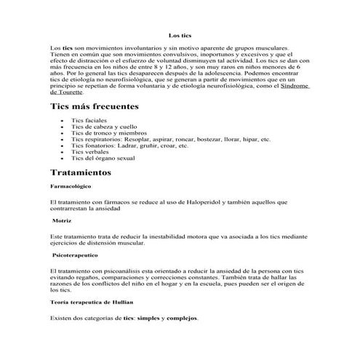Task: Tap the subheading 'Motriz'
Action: pyautogui.click(x=62, y=220)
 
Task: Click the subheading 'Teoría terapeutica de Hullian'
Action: pyautogui.click(x=92, y=302)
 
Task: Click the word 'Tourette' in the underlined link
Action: pyautogui.click(x=67, y=92)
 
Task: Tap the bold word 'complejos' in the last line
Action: pyautogui.click(x=182, y=319)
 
